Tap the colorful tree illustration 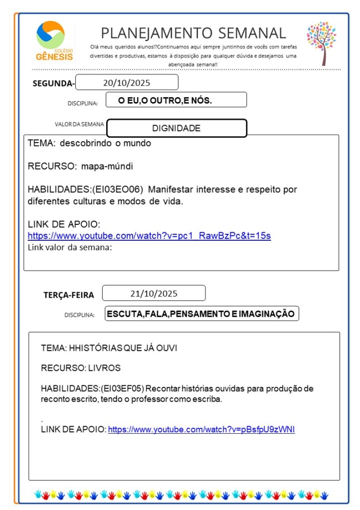point(321,43)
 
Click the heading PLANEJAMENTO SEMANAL point(193,33)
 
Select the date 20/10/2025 point(127,83)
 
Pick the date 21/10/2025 point(154,293)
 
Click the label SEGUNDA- point(53,83)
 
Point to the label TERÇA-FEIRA point(69,295)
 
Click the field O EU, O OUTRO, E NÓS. point(165,100)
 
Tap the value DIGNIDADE point(177,128)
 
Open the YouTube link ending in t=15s point(149,236)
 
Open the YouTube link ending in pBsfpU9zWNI point(201,429)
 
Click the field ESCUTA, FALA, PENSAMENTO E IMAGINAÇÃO point(201,314)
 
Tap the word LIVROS point(104,368)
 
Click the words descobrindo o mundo point(105,144)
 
